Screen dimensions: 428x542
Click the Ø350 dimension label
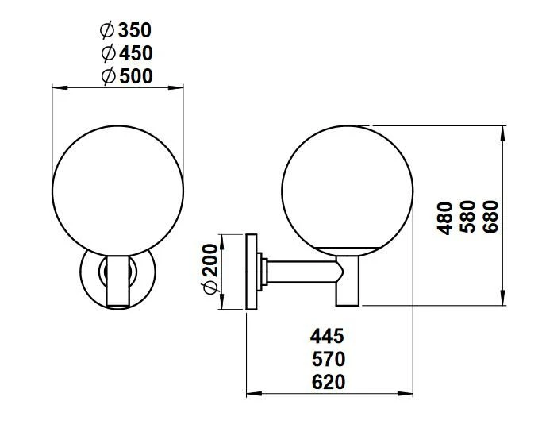pyautogui.click(x=126, y=31)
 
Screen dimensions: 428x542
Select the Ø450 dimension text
pyautogui.click(x=126, y=53)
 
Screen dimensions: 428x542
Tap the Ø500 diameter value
pyautogui.click(x=126, y=76)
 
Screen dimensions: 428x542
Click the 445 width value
pyautogui.click(x=328, y=336)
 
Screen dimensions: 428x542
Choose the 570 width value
pyautogui.click(x=328, y=359)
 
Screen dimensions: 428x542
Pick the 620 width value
pyautogui.click(x=328, y=382)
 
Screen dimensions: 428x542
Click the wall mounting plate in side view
pyautogui.click(x=252, y=272)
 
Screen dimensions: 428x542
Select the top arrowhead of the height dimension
pyautogui.click(x=503, y=132)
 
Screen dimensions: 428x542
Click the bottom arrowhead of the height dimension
pyautogui.click(x=503, y=299)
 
